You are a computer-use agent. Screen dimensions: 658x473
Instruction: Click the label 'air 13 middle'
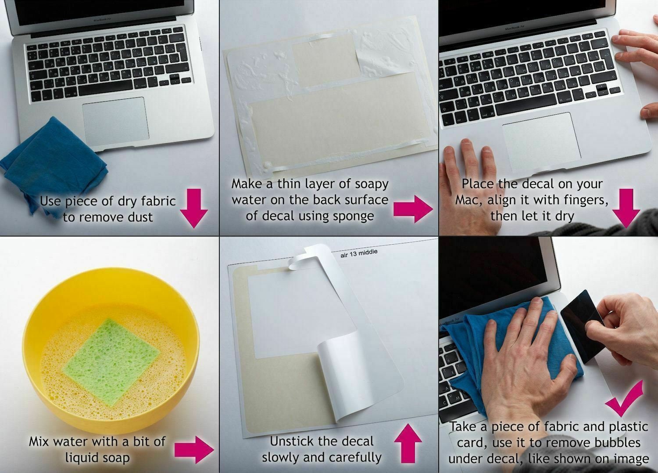(x=359, y=253)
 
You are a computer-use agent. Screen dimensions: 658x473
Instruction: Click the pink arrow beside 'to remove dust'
(x=194, y=208)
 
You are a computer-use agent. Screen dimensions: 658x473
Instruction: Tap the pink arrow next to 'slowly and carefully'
(x=408, y=443)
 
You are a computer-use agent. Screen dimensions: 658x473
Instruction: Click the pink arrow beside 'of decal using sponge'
(x=413, y=209)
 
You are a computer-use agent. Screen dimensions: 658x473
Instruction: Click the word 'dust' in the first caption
(x=140, y=217)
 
